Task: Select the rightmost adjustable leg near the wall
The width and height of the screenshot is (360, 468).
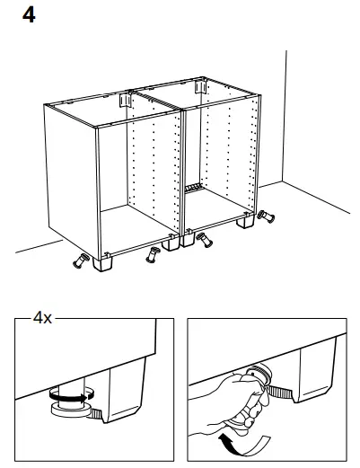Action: pos(266,216)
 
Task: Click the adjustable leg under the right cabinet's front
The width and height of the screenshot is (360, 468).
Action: pos(206,239)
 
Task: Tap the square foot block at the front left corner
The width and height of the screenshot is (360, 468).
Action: pos(103,265)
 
